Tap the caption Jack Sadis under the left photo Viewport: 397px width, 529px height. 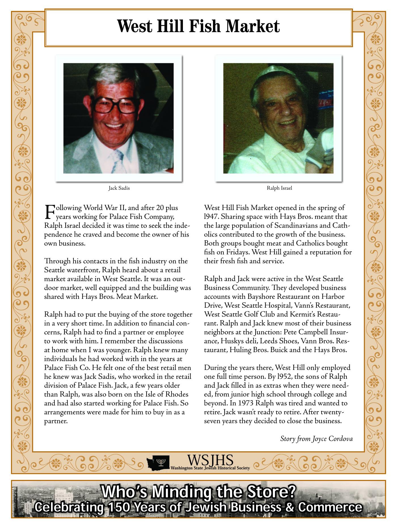[119, 188]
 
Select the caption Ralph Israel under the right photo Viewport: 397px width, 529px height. [279, 188]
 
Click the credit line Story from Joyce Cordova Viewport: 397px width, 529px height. [316, 439]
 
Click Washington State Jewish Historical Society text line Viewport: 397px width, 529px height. [210, 468]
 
